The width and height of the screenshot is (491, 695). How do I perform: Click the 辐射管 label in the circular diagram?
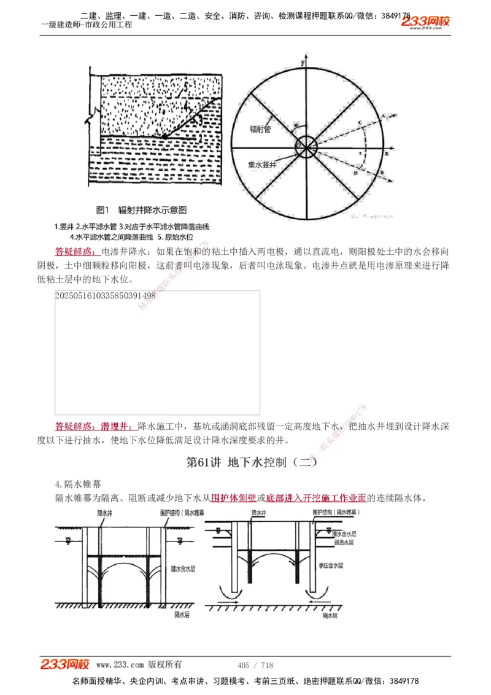pos(260,129)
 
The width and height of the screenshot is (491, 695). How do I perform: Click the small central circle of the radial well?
pos(305,147)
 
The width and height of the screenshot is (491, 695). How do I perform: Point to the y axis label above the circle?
pos(303,64)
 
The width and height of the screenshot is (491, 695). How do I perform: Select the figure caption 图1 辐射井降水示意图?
pos(142,210)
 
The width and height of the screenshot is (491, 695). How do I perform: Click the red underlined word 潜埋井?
pos(117,425)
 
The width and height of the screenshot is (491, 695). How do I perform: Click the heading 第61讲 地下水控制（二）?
pos(252,462)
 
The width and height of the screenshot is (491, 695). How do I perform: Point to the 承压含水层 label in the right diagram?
pos(331,565)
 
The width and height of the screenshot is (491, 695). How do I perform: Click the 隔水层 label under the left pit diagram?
pos(182,614)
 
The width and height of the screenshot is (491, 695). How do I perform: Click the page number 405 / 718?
pos(255,665)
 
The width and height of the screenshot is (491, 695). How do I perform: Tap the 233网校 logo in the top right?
pos(426,22)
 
